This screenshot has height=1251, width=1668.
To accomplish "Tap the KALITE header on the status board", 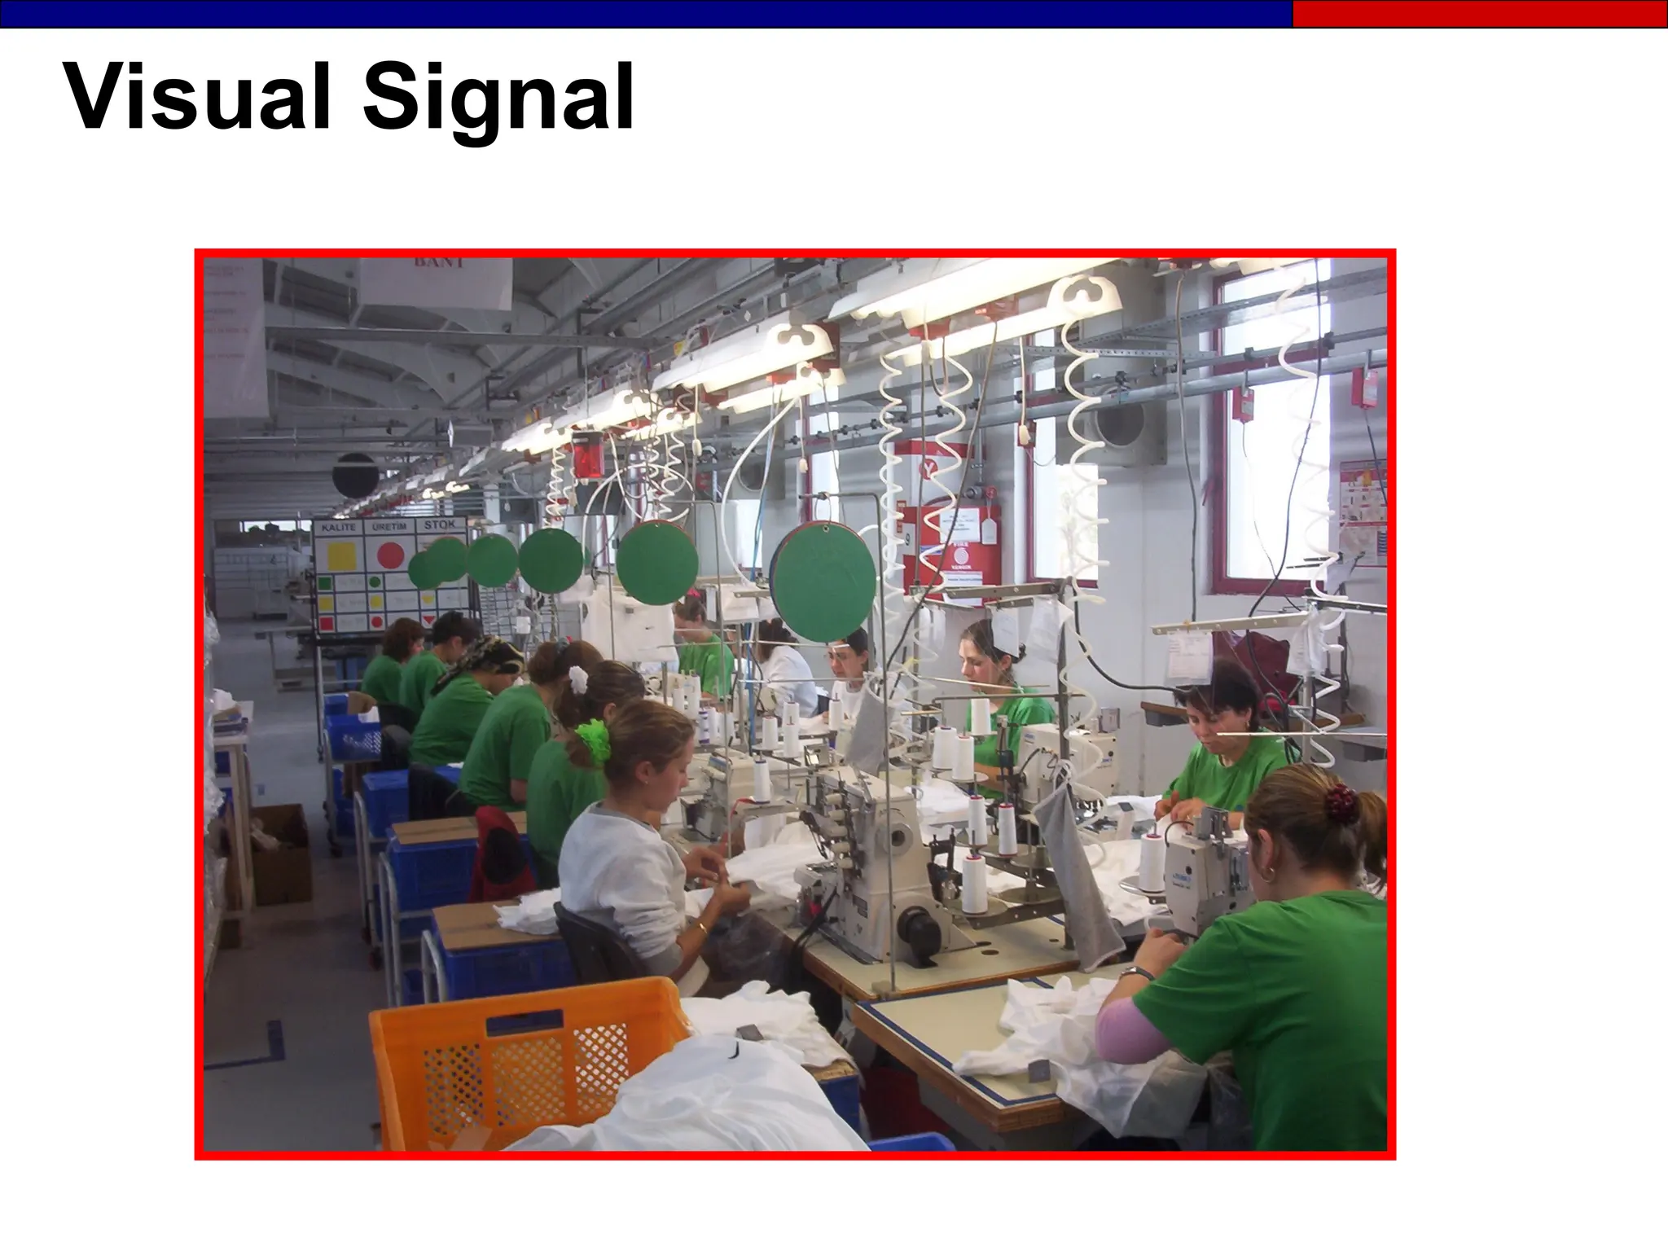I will [338, 527].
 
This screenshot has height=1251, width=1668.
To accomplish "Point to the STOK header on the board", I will [440, 525].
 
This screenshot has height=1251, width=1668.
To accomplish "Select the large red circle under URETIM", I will [391, 555].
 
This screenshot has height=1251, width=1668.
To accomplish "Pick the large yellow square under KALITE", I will [340, 556].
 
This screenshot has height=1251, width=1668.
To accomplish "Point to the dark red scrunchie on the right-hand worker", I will [1341, 803].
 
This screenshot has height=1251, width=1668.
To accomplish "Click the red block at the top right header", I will [1479, 14].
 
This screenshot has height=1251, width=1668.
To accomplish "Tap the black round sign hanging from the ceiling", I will [355, 475].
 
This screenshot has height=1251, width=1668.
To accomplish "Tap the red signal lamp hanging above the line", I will [587, 455].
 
